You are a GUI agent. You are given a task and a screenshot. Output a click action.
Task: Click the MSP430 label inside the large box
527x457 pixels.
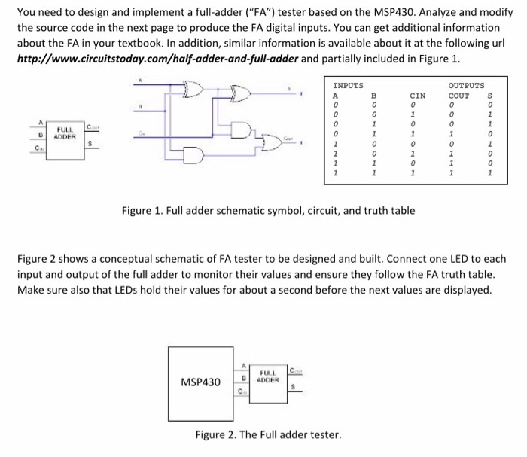click(x=200, y=382)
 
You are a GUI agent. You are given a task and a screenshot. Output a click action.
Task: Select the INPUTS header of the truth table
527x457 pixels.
click(x=348, y=86)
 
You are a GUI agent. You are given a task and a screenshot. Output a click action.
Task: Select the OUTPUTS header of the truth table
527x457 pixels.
click(x=466, y=86)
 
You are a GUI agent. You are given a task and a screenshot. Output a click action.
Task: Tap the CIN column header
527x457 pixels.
click(x=417, y=96)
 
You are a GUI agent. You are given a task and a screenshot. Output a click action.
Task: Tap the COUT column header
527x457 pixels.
click(x=458, y=96)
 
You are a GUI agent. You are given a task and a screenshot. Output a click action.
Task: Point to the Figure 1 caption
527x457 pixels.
click(x=268, y=210)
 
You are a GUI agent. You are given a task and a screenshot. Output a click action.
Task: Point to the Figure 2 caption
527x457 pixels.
click(x=267, y=434)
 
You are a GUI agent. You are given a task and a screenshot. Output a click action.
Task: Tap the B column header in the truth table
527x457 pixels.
click(x=374, y=96)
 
